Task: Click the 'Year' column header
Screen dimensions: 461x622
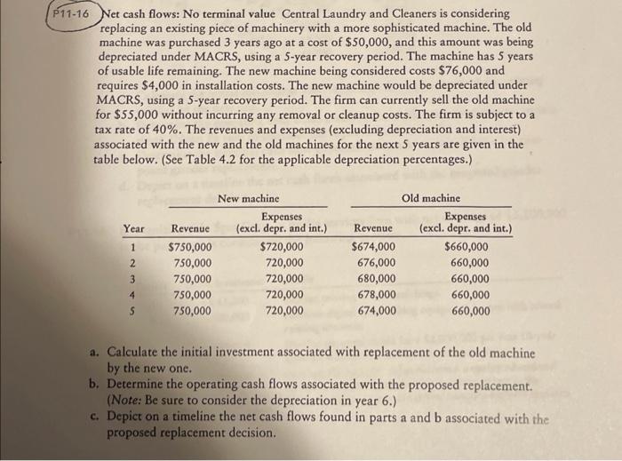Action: [134, 230]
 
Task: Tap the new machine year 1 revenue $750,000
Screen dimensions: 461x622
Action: [191, 247]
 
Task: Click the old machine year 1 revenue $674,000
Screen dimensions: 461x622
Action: [374, 247]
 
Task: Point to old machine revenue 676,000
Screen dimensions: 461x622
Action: [377, 263]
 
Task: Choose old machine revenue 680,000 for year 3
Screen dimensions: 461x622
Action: [377, 279]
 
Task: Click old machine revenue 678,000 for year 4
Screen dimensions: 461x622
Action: [377, 295]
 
